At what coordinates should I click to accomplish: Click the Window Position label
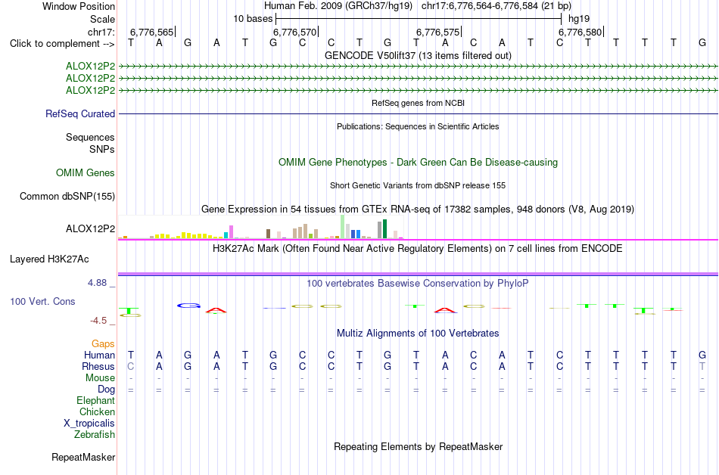pos(79,6)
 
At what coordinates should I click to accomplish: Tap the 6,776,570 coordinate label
pos(294,32)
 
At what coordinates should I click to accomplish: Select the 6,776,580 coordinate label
pos(580,32)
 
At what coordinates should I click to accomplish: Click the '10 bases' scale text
pos(253,19)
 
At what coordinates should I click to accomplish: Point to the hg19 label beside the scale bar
pos(579,19)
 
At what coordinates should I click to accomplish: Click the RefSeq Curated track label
pos(80,113)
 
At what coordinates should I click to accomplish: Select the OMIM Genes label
pos(86,172)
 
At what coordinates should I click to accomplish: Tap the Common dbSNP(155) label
pos(67,196)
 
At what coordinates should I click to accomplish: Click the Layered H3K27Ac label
pos(49,259)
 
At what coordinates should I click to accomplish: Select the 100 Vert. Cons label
pos(42,301)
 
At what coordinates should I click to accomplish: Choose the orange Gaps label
pos(103,343)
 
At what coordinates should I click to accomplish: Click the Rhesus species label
pos(98,366)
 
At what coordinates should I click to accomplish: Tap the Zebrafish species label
pos(95,434)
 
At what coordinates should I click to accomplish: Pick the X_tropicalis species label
pos(89,424)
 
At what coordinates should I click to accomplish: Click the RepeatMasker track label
pos(83,457)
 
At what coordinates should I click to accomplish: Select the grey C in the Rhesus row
pos(131,366)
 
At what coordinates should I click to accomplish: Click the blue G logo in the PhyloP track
pos(188,306)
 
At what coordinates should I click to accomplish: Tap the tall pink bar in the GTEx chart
pos(231,231)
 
